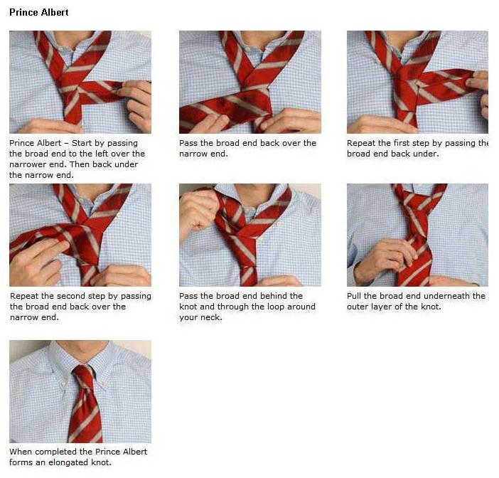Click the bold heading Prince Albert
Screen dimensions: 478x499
tap(39, 13)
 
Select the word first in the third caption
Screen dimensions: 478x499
tap(408, 143)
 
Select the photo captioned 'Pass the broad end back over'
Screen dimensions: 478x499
tap(249, 82)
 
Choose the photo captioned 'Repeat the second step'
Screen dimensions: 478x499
tap(80, 235)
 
